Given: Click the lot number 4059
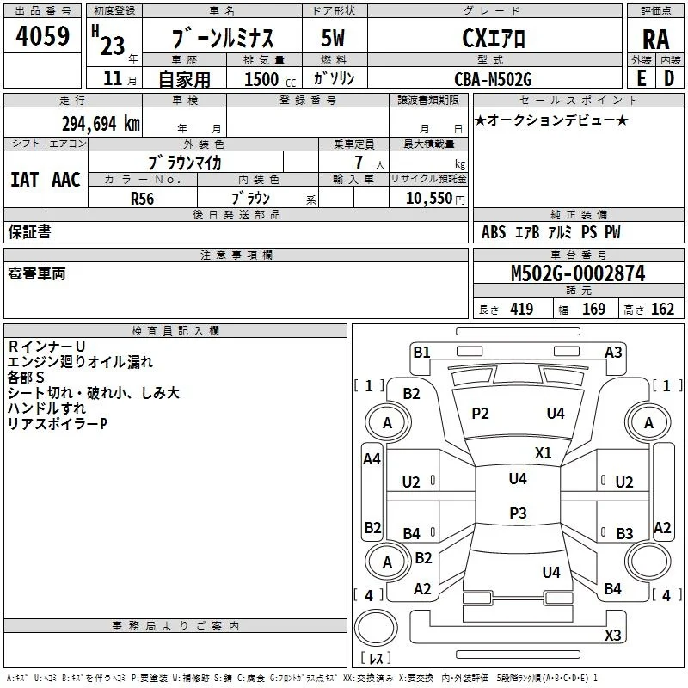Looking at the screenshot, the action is [x=42, y=36].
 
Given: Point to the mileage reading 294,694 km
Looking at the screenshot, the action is [x=101, y=124].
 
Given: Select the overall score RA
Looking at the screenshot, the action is [x=656, y=40].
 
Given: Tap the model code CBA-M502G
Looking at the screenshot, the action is [x=493, y=79].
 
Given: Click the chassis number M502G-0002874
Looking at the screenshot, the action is [x=578, y=273].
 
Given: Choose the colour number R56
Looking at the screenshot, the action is [x=142, y=199].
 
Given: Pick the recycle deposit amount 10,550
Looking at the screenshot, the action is [x=428, y=198].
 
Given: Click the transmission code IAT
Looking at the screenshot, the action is [x=24, y=180].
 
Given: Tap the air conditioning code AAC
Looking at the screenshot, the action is [x=66, y=180].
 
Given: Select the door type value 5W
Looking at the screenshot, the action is [x=333, y=38].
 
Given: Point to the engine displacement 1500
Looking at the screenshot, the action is [x=261, y=79].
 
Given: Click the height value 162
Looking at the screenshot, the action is [x=662, y=309].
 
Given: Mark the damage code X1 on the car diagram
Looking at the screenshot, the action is [x=544, y=453].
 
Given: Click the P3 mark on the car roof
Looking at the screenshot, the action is [x=518, y=513].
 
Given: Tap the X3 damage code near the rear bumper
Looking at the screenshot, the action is [x=612, y=635].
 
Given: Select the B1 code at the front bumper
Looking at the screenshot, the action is [x=421, y=352].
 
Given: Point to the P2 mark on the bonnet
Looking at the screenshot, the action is [x=480, y=414].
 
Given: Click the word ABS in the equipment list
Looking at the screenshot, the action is [x=494, y=232].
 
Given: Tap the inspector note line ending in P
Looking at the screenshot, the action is [x=57, y=424].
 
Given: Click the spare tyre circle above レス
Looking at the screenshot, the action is [x=376, y=628].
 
